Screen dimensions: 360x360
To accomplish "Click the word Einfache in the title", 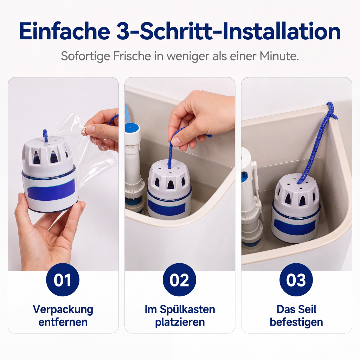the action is pyautogui.click(x=65, y=31).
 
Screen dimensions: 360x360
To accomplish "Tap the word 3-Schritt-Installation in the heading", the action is pyautogui.click(x=229, y=31).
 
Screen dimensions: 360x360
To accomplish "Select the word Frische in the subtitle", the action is pyautogui.click(x=132, y=56).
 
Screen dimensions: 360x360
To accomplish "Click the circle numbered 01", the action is pyautogui.click(x=63, y=279).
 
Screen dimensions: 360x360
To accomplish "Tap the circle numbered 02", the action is pyautogui.click(x=180, y=279).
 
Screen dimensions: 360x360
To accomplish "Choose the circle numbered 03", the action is pyautogui.click(x=296, y=279).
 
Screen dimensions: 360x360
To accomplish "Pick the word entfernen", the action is pyautogui.click(x=63, y=322).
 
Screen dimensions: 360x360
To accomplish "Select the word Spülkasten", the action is pyautogui.click(x=187, y=310).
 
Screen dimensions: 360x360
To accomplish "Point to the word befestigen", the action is pyautogui.click(x=296, y=322).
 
